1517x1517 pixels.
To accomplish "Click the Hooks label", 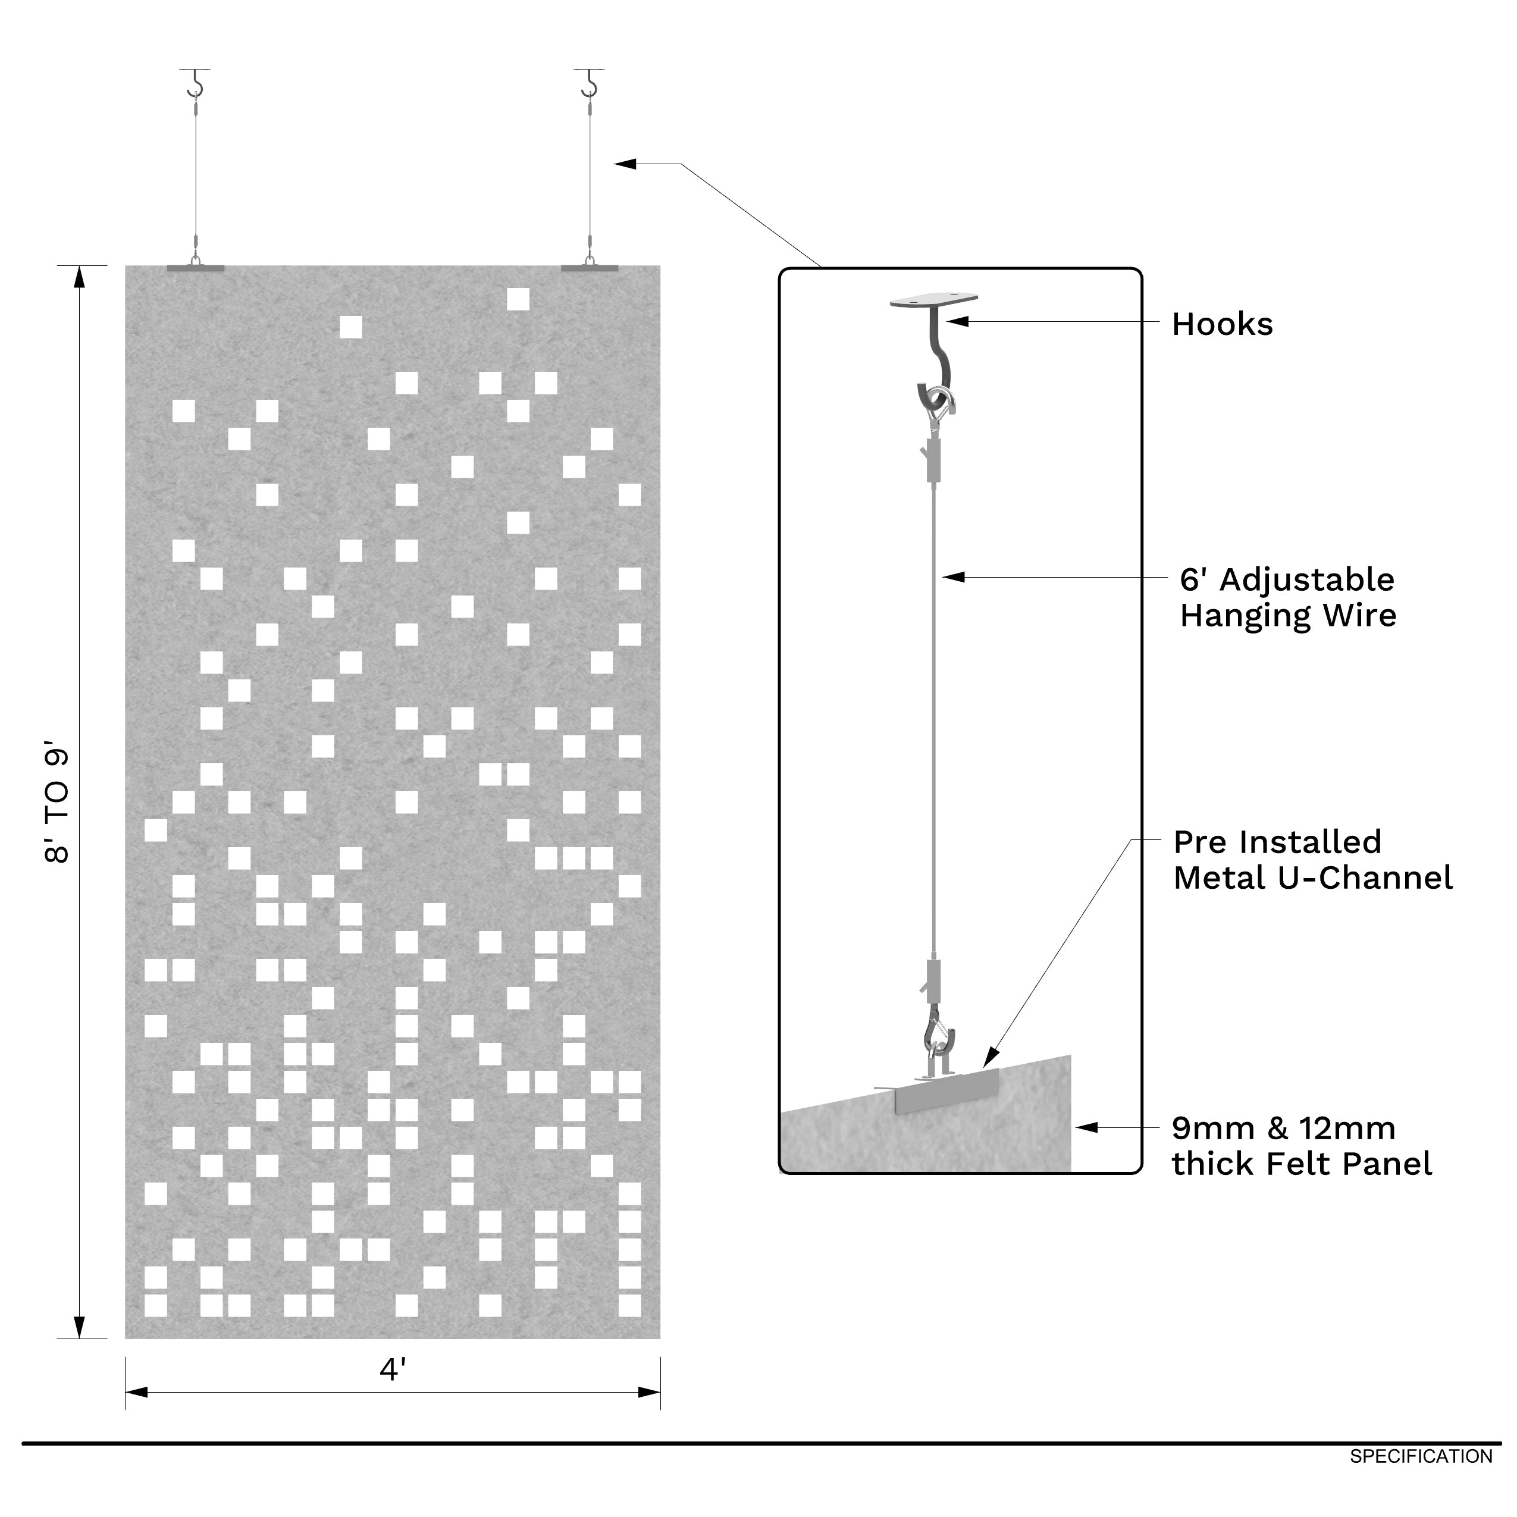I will [x=1222, y=324].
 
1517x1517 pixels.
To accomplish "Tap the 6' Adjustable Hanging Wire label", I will [x=1288, y=597].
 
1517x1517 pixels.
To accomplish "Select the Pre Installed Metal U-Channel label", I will [x=1312, y=859].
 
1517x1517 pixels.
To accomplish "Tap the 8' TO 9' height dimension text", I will [x=57, y=805].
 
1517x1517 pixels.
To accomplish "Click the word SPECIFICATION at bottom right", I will [x=1421, y=1456].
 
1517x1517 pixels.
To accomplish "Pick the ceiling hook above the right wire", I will [x=589, y=83].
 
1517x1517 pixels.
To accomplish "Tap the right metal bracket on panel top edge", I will [x=589, y=268].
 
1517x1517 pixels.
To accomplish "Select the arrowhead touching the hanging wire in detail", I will [x=952, y=577].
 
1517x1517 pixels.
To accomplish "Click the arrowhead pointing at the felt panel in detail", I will [x=1086, y=1127].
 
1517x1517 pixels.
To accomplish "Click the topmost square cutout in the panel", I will [x=518, y=299].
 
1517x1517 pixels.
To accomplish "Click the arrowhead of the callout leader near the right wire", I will [x=625, y=164].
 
